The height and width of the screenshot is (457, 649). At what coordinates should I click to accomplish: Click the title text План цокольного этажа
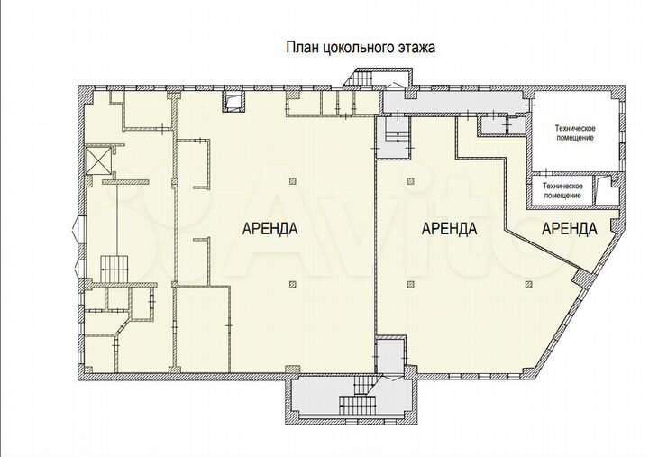pos(360,48)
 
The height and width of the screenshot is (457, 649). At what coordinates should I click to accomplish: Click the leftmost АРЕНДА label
pos(270,229)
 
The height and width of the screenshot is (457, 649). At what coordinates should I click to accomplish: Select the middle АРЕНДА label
pos(449,229)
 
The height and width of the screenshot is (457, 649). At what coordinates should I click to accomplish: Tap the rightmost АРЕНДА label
pos(570,229)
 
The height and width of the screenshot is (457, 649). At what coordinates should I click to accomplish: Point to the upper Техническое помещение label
pos(573,133)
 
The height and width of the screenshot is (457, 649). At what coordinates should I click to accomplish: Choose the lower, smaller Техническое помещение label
pos(562,189)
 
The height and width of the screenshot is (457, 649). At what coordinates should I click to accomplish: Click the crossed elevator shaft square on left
pos(96,160)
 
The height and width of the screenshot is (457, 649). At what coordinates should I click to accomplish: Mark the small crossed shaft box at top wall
pos(234,101)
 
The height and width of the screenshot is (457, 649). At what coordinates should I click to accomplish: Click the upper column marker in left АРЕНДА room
pos(292,182)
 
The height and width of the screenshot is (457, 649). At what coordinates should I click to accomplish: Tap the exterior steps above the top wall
pos(361,81)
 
